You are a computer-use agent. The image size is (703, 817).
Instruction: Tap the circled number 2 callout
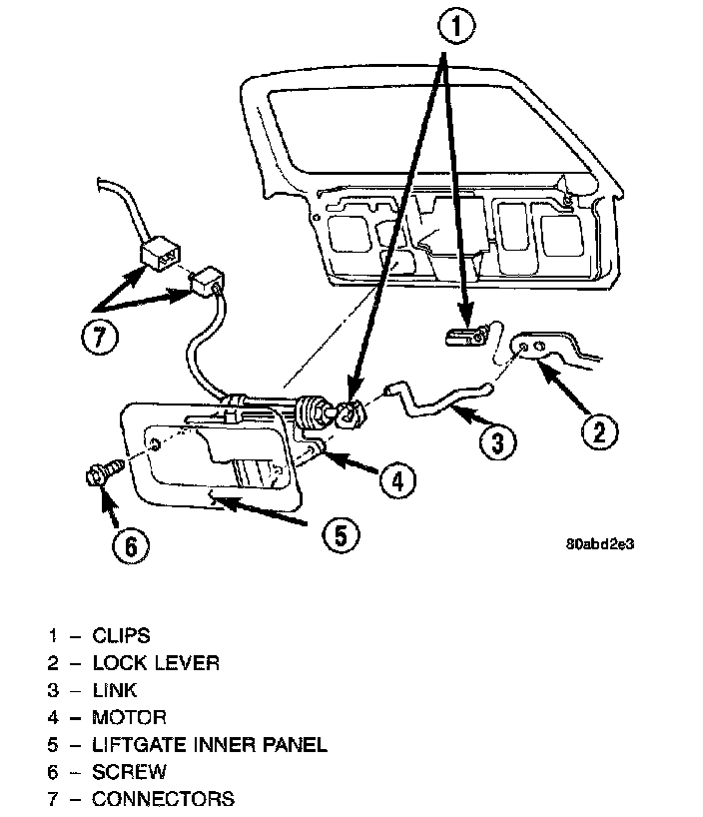(x=598, y=431)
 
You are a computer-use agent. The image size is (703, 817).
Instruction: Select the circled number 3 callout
(x=498, y=440)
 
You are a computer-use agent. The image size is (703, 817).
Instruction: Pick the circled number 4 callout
(x=396, y=480)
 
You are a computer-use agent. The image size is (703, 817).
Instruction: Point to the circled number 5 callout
(x=341, y=534)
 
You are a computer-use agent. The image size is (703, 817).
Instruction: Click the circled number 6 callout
(x=132, y=546)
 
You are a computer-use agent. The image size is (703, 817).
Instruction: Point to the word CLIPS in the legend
(x=121, y=635)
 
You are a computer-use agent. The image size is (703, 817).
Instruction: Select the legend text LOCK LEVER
(x=155, y=662)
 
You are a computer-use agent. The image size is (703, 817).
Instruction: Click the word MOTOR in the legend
(x=129, y=717)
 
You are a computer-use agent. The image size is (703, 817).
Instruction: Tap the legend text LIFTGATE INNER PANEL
(x=209, y=744)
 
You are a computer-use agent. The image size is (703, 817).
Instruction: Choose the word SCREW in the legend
(x=129, y=771)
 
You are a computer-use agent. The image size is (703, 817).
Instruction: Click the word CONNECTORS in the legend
(x=163, y=798)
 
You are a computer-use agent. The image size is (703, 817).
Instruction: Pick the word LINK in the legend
(x=114, y=690)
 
